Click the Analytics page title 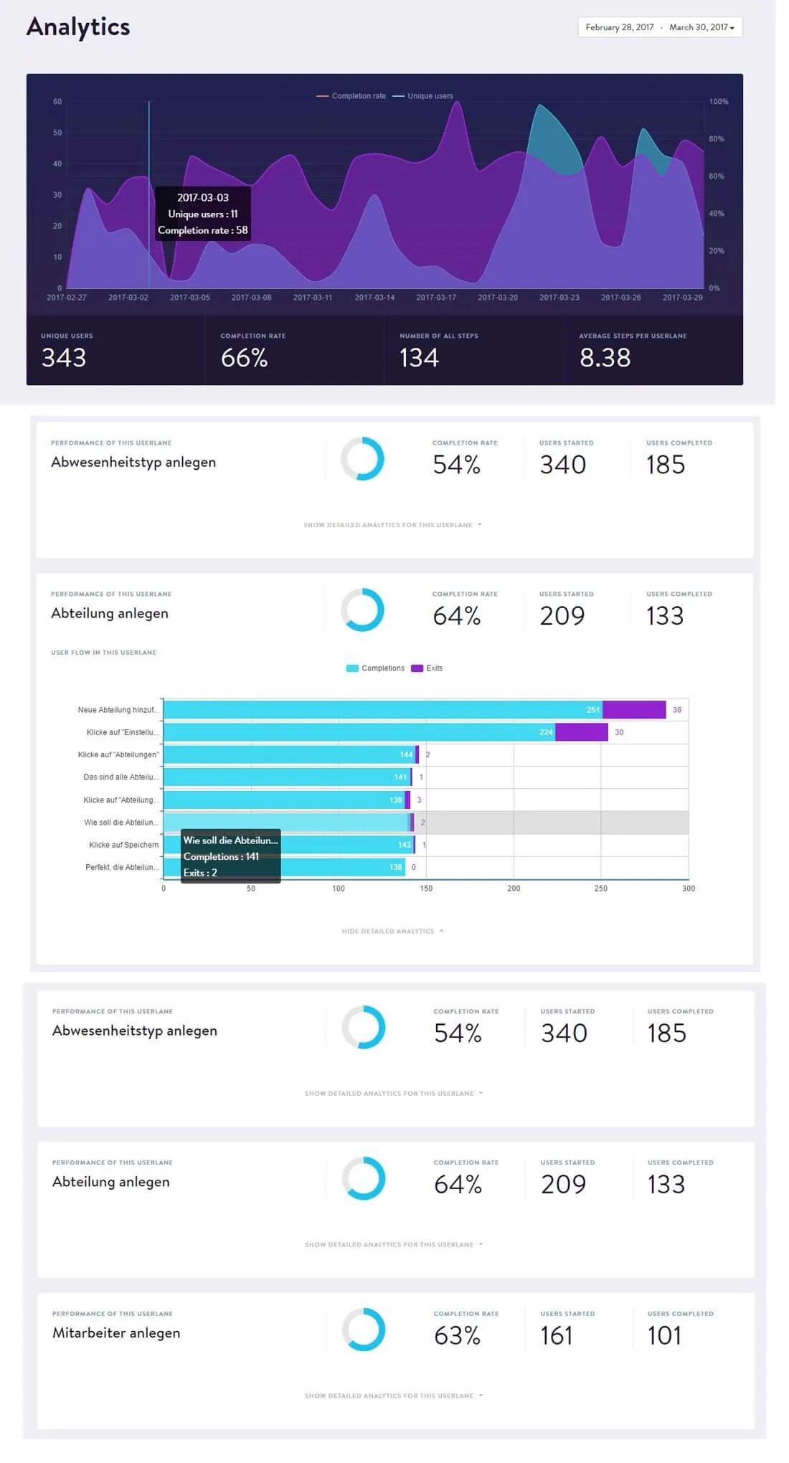click(x=78, y=27)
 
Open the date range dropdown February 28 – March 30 click(x=659, y=27)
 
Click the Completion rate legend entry click(x=352, y=96)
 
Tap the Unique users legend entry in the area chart click(x=424, y=96)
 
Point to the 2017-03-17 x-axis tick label click(x=436, y=298)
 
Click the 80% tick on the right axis click(x=716, y=139)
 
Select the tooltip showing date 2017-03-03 click(x=203, y=214)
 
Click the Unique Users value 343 click(x=64, y=358)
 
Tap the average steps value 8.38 click(x=605, y=358)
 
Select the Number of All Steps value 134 click(x=419, y=358)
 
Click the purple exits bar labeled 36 click(x=633, y=710)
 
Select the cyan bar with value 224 click(x=359, y=732)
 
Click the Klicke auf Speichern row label click(x=123, y=845)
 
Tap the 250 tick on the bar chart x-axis click(x=600, y=889)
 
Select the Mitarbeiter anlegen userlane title click(x=116, y=1333)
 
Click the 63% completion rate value click(x=457, y=1336)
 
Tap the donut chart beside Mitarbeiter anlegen click(x=364, y=1330)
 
